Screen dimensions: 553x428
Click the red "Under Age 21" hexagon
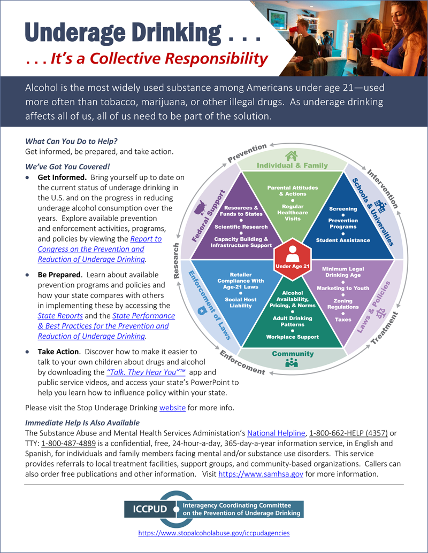tap(292, 256)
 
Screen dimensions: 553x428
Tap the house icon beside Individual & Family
tap(291, 156)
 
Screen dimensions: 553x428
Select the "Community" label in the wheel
tap(292, 354)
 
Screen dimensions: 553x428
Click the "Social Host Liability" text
tap(240, 303)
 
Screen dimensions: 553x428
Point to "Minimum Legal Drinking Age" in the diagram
tap(343, 272)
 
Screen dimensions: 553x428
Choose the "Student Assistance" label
tap(343, 240)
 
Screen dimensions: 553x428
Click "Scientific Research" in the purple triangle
tap(241, 227)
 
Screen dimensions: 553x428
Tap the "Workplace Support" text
tap(292, 337)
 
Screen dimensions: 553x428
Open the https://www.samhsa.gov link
tap(261, 474)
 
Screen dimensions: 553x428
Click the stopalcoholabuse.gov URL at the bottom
tap(214, 533)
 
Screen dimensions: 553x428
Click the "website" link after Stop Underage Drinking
tap(172, 408)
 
